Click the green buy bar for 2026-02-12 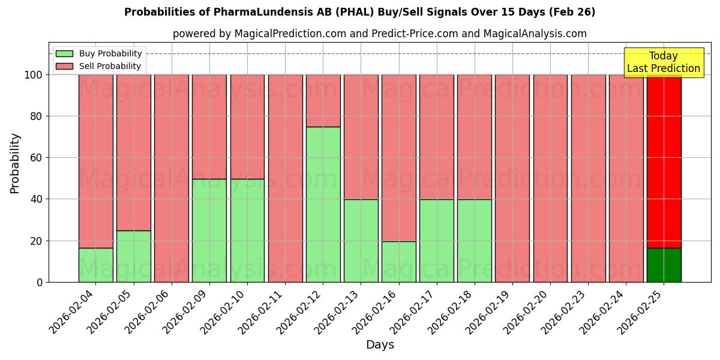323,204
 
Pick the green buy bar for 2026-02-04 95,265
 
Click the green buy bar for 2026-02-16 399,262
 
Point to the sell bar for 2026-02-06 172,178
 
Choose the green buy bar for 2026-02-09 209,230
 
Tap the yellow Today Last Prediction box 664,62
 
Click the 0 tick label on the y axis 40,282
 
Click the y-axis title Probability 15,163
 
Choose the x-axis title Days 380,345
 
